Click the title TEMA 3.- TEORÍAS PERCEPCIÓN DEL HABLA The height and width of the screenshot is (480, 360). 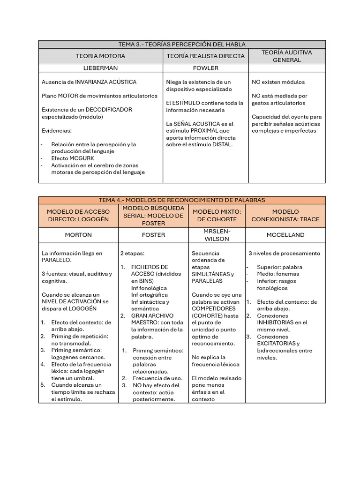[182, 44]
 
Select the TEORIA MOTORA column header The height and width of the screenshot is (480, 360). [100, 56]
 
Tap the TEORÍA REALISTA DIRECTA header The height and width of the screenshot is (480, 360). [205, 56]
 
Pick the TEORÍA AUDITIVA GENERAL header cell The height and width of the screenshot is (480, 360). [286, 56]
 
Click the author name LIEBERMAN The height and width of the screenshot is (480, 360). [100, 68]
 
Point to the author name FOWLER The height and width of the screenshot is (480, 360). [205, 68]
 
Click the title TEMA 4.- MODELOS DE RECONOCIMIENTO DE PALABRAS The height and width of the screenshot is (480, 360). [182, 200]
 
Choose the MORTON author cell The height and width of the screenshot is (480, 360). [78, 235]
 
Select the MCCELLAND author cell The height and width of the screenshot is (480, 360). [285, 235]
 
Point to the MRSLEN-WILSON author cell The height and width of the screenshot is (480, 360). [217, 235]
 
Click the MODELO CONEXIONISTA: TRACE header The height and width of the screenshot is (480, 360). [285, 215]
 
